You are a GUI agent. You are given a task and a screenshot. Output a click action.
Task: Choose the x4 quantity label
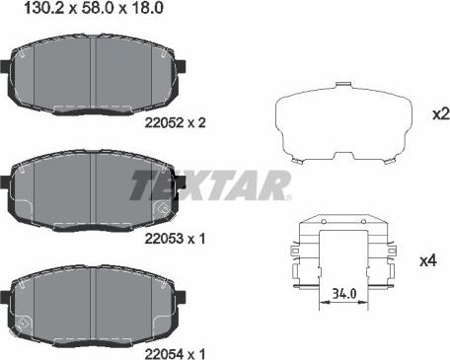pyautogui.click(x=428, y=260)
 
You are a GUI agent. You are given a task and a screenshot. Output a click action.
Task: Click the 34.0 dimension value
pyautogui.click(x=344, y=292)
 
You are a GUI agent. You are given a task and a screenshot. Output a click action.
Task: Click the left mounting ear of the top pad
pyautogui.click(x=7, y=70)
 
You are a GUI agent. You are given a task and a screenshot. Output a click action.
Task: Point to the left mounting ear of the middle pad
pyautogui.click(x=7, y=183)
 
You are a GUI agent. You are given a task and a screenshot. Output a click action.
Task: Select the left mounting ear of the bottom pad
pyautogui.click(x=7, y=297)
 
